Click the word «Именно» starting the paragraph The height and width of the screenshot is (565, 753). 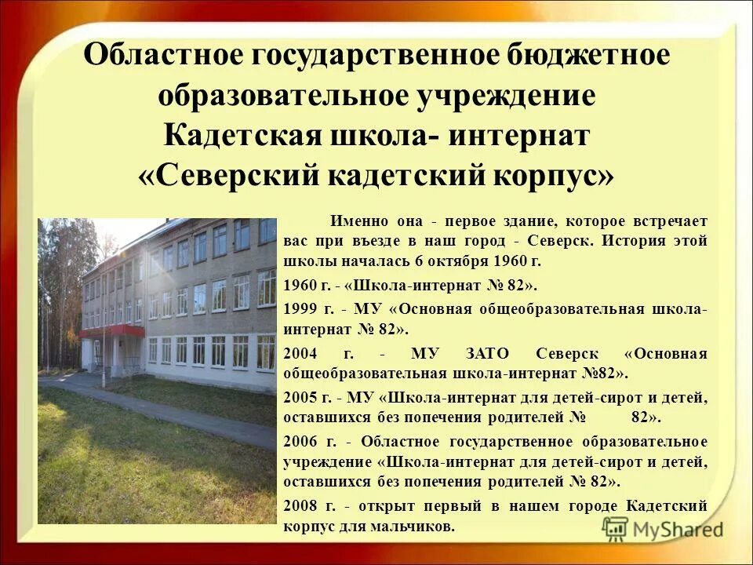coord(355,221)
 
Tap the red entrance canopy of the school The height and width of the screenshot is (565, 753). coord(111,331)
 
